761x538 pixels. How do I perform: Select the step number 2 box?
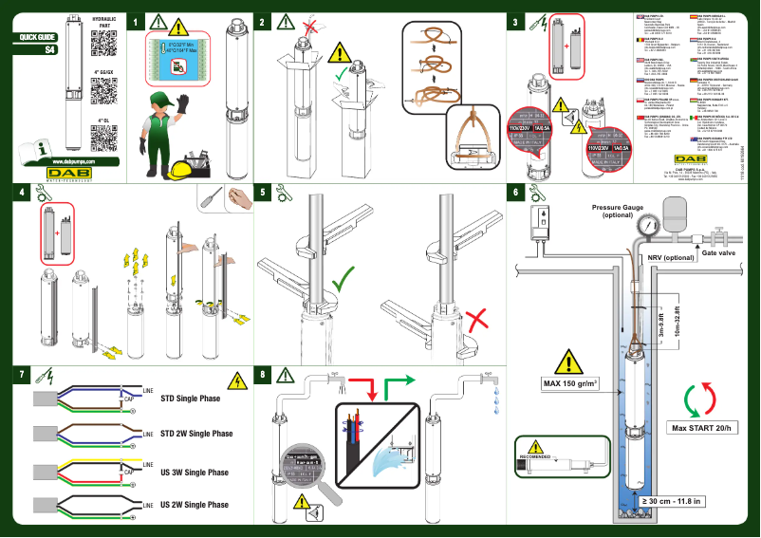point(262,20)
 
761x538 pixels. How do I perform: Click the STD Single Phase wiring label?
point(190,399)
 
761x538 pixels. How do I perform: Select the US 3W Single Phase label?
point(194,472)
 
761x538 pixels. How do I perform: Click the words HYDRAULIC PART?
point(105,23)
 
